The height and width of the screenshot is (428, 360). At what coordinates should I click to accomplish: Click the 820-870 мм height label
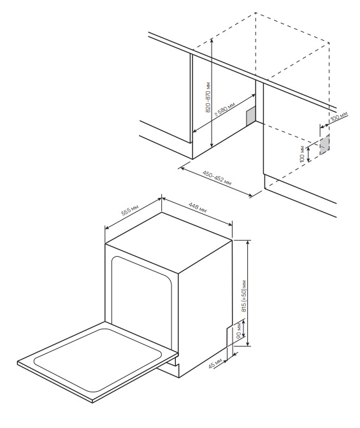pyautogui.click(x=208, y=97)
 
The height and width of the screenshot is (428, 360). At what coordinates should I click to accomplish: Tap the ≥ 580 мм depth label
pyautogui.click(x=224, y=110)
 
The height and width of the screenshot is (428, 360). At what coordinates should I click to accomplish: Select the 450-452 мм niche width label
pyautogui.click(x=217, y=178)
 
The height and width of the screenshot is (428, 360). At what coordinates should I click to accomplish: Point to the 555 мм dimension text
pyautogui.click(x=130, y=210)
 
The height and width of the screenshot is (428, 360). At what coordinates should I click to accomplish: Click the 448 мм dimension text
pyautogui.click(x=198, y=208)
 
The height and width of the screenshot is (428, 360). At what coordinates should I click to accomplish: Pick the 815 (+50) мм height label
pyautogui.click(x=244, y=296)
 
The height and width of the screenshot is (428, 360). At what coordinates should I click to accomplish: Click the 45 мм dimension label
pyautogui.click(x=215, y=364)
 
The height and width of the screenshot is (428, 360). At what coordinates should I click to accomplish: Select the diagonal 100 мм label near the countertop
pyautogui.click(x=339, y=116)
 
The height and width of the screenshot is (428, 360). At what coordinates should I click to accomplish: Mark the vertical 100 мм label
pyautogui.click(x=302, y=154)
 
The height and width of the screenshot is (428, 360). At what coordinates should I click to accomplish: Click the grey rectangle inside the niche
pyautogui.click(x=251, y=116)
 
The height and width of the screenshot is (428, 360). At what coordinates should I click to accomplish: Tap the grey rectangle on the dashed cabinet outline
pyautogui.click(x=324, y=144)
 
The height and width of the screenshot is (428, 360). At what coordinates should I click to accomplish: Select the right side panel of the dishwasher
pyautogui.click(x=205, y=308)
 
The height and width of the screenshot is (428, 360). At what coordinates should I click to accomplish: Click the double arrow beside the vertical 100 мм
pyautogui.click(x=308, y=154)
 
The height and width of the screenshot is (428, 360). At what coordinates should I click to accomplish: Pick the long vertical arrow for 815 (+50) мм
pyautogui.click(x=248, y=293)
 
